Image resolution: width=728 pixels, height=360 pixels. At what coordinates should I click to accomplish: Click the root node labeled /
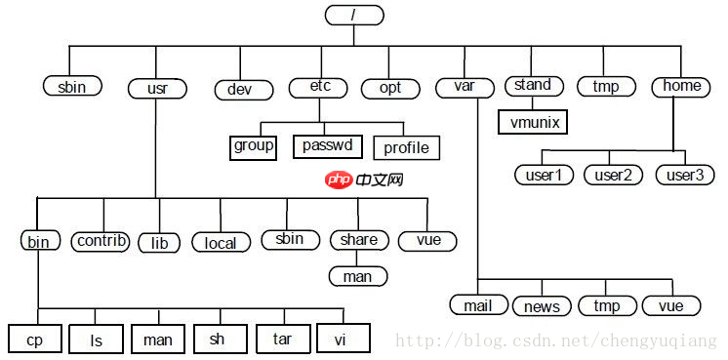[x=353, y=15]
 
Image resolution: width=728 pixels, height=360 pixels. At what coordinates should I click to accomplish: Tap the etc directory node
[x=319, y=87]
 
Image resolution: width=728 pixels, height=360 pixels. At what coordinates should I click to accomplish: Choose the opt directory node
[x=389, y=88]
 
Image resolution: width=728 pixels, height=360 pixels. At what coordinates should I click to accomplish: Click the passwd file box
[x=327, y=147]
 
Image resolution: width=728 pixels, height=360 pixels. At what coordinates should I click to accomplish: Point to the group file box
[x=254, y=147]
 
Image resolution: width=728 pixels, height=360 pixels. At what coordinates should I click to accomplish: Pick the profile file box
[x=406, y=148]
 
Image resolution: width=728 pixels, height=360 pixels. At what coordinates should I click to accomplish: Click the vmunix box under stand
[x=532, y=122]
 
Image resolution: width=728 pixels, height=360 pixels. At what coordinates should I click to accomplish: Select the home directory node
[x=681, y=86]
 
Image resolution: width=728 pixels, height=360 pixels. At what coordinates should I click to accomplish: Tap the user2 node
[x=613, y=175]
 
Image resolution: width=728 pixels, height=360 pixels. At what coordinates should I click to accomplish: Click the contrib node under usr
[x=101, y=240]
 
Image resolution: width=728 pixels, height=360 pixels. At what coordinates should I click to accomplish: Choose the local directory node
[x=221, y=242]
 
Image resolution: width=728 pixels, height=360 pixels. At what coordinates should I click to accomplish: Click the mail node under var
[x=478, y=305]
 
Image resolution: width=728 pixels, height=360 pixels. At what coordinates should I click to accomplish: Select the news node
[x=542, y=306]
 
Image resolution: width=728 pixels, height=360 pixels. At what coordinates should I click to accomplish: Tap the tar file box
[x=283, y=339]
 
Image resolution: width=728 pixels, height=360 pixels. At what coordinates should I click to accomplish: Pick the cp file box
[x=35, y=340]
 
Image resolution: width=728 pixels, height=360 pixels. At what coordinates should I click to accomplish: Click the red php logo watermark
[x=339, y=180]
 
